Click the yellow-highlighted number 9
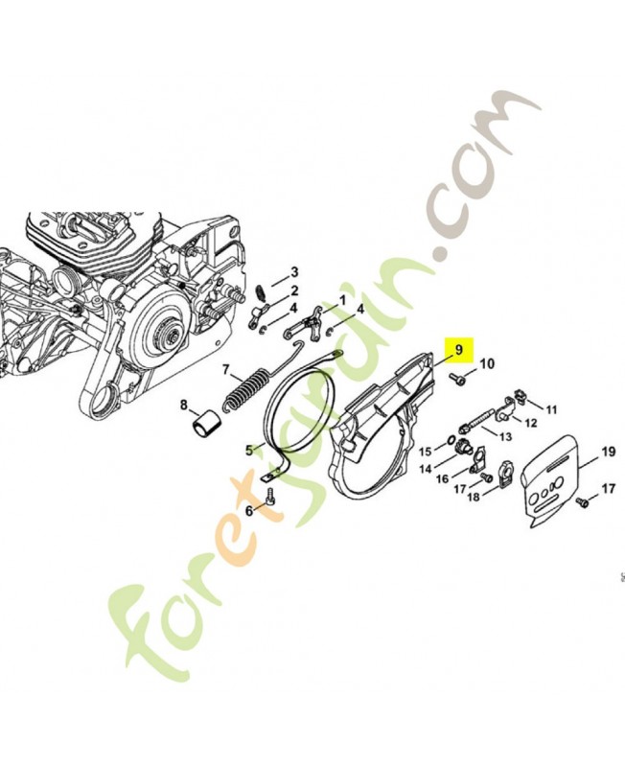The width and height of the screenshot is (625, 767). click(459, 350)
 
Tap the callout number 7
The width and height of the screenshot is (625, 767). click(226, 369)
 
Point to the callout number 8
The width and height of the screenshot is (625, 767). click(183, 406)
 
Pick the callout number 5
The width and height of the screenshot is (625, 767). click(247, 449)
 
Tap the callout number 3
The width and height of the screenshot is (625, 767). click(294, 272)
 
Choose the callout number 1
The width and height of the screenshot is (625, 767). click(341, 300)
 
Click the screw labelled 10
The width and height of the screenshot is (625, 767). click(459, 381)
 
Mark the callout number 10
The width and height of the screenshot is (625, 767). click(487, 364)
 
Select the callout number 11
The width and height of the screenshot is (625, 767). click(551, 409)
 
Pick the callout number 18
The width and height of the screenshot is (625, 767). click(473, 498)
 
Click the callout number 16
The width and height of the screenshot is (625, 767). click(443, 478)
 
